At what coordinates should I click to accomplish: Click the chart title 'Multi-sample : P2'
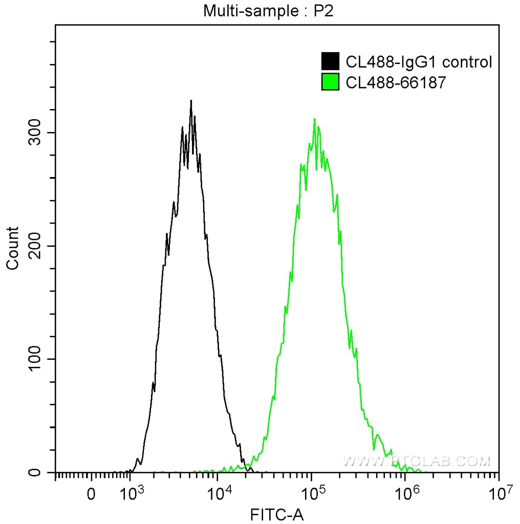(x=269, y=11)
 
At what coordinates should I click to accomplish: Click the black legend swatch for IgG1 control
(x=330, y=62)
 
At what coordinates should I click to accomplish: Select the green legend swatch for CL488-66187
(x=330, y=81)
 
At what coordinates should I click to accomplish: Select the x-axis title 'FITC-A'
(x=276, y=514)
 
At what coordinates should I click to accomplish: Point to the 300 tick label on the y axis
(x=35, y=133)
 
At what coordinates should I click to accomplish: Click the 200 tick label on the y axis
(x=35, y=246)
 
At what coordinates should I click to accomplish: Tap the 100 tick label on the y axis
(x=35, y=359)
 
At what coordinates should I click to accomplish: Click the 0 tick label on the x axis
(x=91, y=495)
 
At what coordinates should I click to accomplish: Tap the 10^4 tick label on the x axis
(x=221, y=494)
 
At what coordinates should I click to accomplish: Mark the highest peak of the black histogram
(x=191, y=101)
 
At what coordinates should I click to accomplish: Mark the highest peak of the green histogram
(x=314, y=119)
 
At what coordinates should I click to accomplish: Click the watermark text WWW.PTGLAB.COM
(x=416, y=462)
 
